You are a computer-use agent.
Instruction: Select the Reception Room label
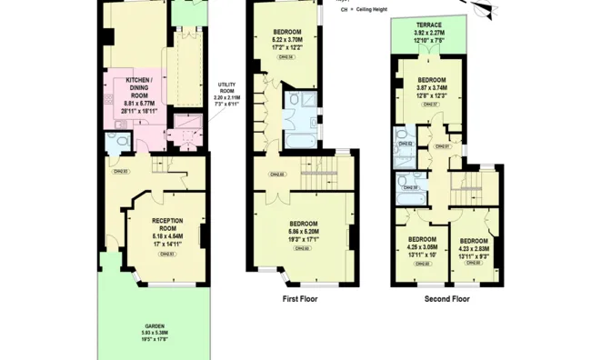(167, 232)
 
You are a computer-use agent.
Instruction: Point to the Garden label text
(154, 334)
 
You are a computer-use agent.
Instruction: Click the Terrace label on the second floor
(431, 31)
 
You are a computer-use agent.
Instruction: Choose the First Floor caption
(301, 297)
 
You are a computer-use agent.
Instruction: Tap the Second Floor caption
(446, 297)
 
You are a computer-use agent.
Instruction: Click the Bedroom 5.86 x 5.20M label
(303, 233)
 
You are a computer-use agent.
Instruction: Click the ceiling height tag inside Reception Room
(166, 255)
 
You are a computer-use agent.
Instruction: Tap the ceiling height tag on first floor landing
(278, 175)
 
